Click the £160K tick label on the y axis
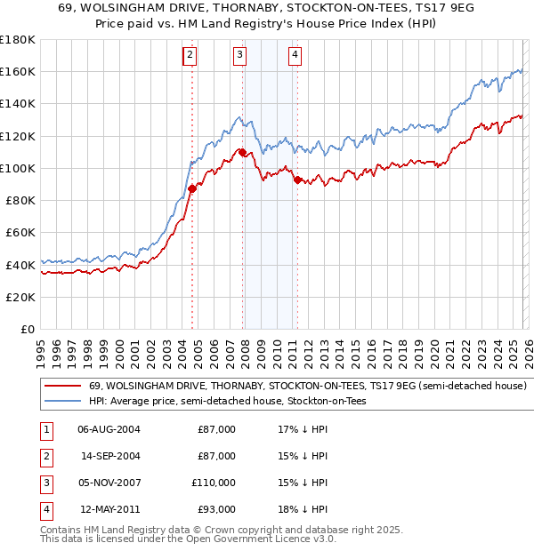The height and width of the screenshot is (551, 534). click(x=18, y=71)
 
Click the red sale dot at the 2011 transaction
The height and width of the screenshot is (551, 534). click(x=297, y=180)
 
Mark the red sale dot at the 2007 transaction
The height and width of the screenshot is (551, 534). click(x=242, y=153)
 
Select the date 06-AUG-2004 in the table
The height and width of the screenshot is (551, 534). click(x=109, y=429)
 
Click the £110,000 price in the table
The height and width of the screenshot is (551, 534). click(x=214, y=483)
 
